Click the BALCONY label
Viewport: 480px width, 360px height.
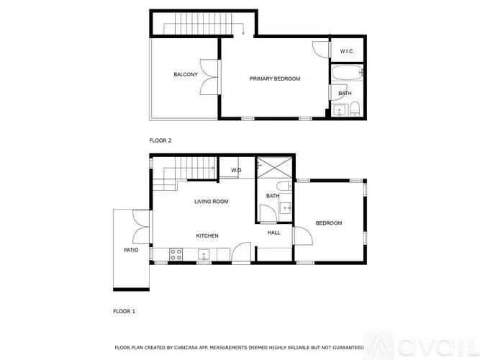pyautogui.click(x=185, y=75)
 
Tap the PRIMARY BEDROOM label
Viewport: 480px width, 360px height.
pyautogui.click(x=275, y=78)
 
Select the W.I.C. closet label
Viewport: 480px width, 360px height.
pyautogui.click(x=345, y=50)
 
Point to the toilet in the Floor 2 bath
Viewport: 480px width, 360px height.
pyautogui.click(x=356, y=109)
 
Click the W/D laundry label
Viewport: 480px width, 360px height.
pyautogui.click(x=236, y=171)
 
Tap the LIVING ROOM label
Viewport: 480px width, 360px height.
pyautogui.click(x=211, y=202)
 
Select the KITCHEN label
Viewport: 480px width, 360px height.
pyautogui.click(x=207, y=236)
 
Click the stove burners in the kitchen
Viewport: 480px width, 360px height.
pyautogui.click(x=175, y=253)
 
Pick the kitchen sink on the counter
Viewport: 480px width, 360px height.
pyautogui.click(x=204, y=254)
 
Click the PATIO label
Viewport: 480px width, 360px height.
pyautogui.click(x=130, y=250)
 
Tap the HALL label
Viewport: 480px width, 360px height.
pyautogui.click(x=274, y=233)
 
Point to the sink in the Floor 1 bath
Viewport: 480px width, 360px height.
pyautogui.click(x=287, y=209)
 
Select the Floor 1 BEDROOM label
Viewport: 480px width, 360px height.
pyautogui.click(x=329, y=223)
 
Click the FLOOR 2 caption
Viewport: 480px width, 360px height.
pyautogui.click(x=160, y=140)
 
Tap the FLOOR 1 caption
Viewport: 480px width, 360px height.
pyautogui.click(x=124, y=311)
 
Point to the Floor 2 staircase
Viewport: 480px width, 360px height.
pyautogui.click(x=201, y=27)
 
